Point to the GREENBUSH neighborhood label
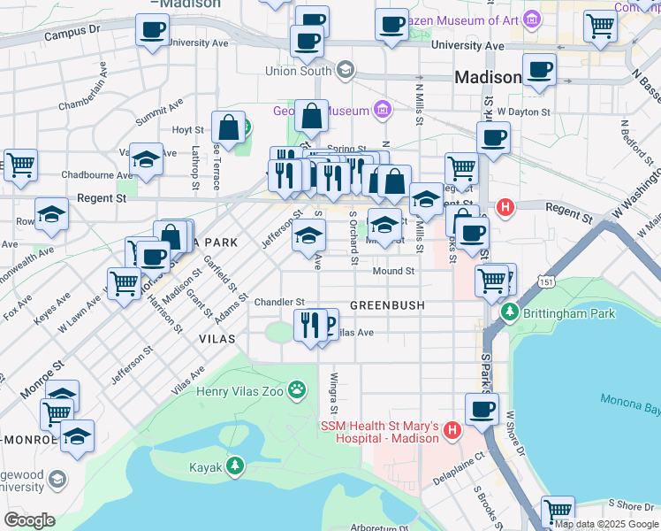(387, 304)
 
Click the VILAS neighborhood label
(217, 338)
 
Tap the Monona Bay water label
(630, 400)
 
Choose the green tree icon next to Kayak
(234, 466)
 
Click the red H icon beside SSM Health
(452, 431)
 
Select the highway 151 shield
(548, 281)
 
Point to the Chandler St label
(279, 303)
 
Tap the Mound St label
(393, 271)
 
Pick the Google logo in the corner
(29, 519)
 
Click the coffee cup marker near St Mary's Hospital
(482, 409)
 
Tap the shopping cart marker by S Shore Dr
(558, 511)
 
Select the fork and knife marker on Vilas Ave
(309, 324)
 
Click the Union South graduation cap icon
(345, 70)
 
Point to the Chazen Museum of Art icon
(531, 18)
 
